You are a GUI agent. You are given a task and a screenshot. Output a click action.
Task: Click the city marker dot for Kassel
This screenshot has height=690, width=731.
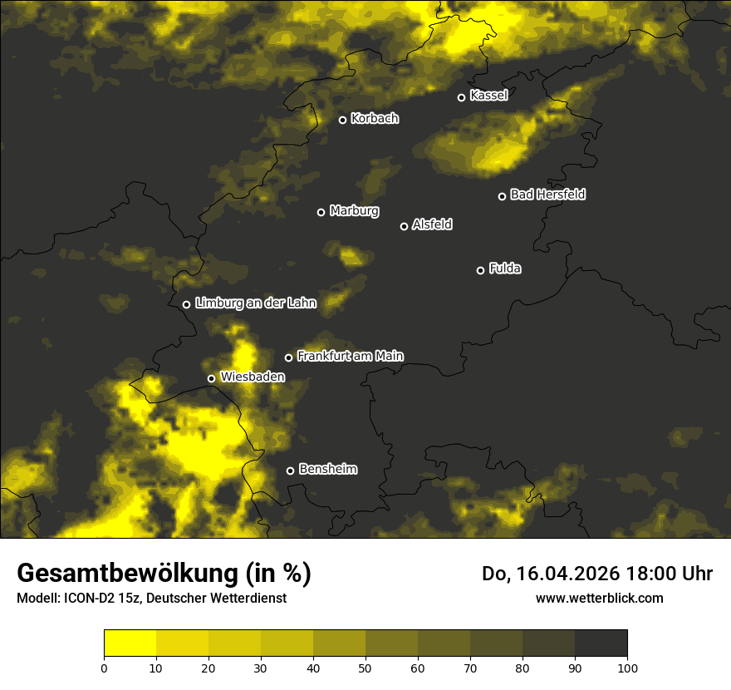pyautogui.click(x=461, y=97)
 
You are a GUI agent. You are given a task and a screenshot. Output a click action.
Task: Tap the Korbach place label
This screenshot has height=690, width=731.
pyautogui.click(x=375, y=119)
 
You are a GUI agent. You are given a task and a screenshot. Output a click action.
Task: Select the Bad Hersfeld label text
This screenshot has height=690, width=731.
pyautogui.click(x=547, y=195)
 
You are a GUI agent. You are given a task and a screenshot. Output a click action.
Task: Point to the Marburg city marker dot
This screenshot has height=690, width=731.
pyautogui.click(x=321, y=212)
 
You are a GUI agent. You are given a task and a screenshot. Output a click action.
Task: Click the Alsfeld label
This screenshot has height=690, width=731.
pyautogui.click(x=432, y=224)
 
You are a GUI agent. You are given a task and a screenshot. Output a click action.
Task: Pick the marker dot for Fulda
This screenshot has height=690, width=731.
pyautogui.click(x=480, y=270)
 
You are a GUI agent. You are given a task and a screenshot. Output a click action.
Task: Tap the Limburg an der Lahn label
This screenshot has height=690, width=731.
pyautogui.click(x=256, y=303)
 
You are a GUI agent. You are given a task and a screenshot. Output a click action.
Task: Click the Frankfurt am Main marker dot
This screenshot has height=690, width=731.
pyautogui.click(x=289, y=357)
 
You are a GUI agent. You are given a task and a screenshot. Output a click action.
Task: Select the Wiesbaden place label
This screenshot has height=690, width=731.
pyautogui.click(x=253, y=377)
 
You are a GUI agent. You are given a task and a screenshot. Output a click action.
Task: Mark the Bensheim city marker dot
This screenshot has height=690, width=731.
pyautogui.click(x=290, y=471)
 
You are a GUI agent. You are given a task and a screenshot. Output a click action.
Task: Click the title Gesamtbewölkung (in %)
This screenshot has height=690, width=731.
pyautogui.click(x=164, y=574)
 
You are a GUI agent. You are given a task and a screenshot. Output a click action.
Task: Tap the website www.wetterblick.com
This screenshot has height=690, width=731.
pyautogui.click(x=599, y=599)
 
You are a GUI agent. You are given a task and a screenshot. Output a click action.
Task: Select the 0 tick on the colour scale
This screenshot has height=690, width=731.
pyautogui.click(x=104, y=668)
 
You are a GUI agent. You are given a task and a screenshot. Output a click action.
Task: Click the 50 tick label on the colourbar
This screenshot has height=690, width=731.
pyautogui.click(x=365, y=668)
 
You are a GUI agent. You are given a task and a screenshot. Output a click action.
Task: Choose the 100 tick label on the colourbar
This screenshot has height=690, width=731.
pyautogui.click(x=627, y=668)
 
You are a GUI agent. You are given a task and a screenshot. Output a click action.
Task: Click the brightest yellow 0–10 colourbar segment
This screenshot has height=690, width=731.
pyautogui.click(x=130, y=643)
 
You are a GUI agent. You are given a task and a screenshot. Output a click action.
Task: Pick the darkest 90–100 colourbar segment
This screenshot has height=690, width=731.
pyautogui.click(x=601, y=643)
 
